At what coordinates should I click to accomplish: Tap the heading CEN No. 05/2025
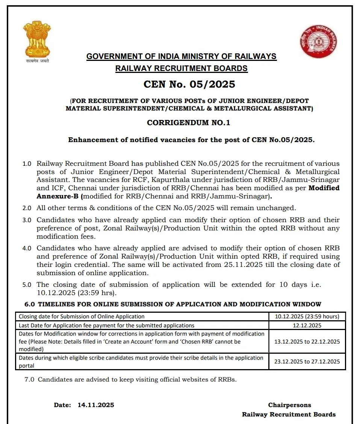coord(189,84)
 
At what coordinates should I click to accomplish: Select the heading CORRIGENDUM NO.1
coord(188,123)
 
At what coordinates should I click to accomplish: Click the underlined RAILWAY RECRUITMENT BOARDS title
coord(181,68)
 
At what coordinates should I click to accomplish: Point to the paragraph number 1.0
coord(27,164)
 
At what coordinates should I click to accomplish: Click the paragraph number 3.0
coord(27,220)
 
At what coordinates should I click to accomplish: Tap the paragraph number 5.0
coord(27,285)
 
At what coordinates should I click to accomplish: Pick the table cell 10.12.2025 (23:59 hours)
coord(307,316)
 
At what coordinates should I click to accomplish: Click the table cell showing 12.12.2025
coord(307,326)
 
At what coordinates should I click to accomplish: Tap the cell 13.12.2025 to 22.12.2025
coord(307,341)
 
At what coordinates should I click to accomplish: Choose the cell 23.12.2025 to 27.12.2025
coord(307,362)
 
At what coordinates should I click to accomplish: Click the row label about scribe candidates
coord(141,362)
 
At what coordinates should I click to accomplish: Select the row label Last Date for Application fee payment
coord(107,326)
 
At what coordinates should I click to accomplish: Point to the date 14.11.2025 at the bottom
coord(96,405)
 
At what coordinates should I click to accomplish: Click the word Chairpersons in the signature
coord(289,405)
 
